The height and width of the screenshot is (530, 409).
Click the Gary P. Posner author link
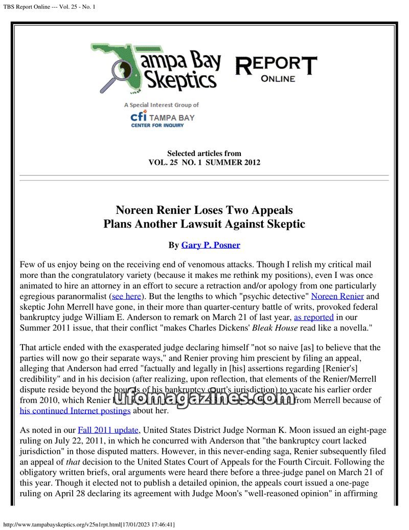pos(211,245)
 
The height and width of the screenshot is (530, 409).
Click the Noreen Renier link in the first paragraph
pos(337,296)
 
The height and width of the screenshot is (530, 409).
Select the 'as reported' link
pos(313,317)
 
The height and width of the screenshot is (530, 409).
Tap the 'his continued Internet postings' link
pos(75,410)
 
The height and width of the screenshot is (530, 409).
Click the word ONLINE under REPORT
pos(278,79)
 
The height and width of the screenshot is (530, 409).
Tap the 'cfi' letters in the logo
pos(139,117)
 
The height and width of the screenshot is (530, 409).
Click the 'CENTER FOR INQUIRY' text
pos(157,125)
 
